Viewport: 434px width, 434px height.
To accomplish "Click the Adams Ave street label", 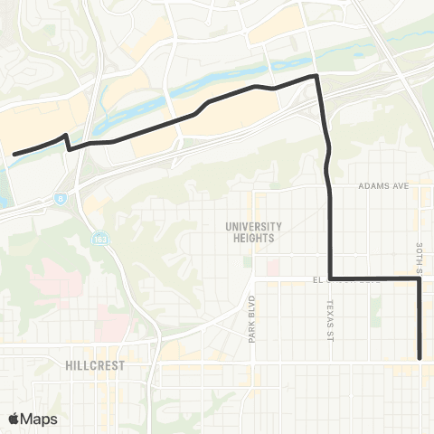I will (384, 185).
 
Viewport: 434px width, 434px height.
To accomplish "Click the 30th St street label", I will (420, 256).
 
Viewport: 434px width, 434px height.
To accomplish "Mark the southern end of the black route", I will (420, 357).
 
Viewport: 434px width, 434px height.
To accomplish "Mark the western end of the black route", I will (14, 155).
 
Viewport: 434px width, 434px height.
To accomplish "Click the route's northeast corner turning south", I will (316, 77).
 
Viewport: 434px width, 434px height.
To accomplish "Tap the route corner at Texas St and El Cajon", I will (331, 278).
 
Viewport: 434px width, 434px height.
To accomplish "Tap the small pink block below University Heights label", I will (270, 268).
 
